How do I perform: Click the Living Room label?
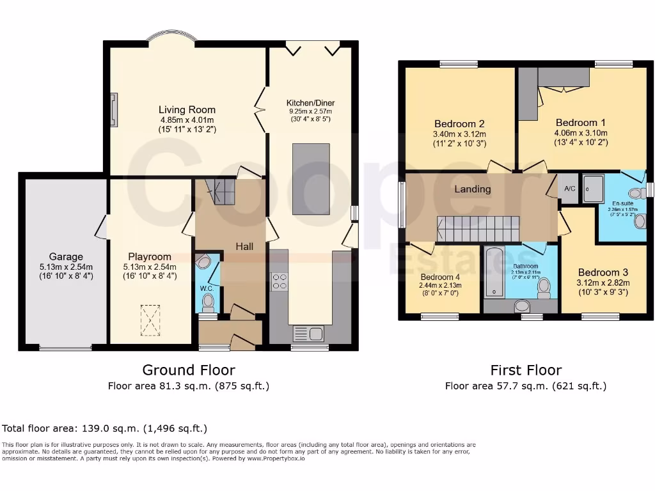click(187, 110)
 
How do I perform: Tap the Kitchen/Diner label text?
click(310, 103)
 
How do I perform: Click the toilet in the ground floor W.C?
click(203, 261)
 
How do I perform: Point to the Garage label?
click(66, 257)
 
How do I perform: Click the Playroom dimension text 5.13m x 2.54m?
click(151, 267)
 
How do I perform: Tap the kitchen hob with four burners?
click(280, 282)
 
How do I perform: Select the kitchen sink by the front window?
click(309, 333)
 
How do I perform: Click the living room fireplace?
click(114, 109)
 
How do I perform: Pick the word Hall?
click(244, 246)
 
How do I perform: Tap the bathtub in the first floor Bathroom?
click(495, 274)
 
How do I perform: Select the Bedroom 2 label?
click(459, 123)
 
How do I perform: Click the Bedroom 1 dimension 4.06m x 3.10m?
click(581, 133)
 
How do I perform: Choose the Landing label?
click(473, 189)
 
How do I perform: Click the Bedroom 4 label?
click(441, 277)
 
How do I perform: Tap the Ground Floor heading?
click(188, 370)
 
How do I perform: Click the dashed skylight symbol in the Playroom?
click(150, 320)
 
